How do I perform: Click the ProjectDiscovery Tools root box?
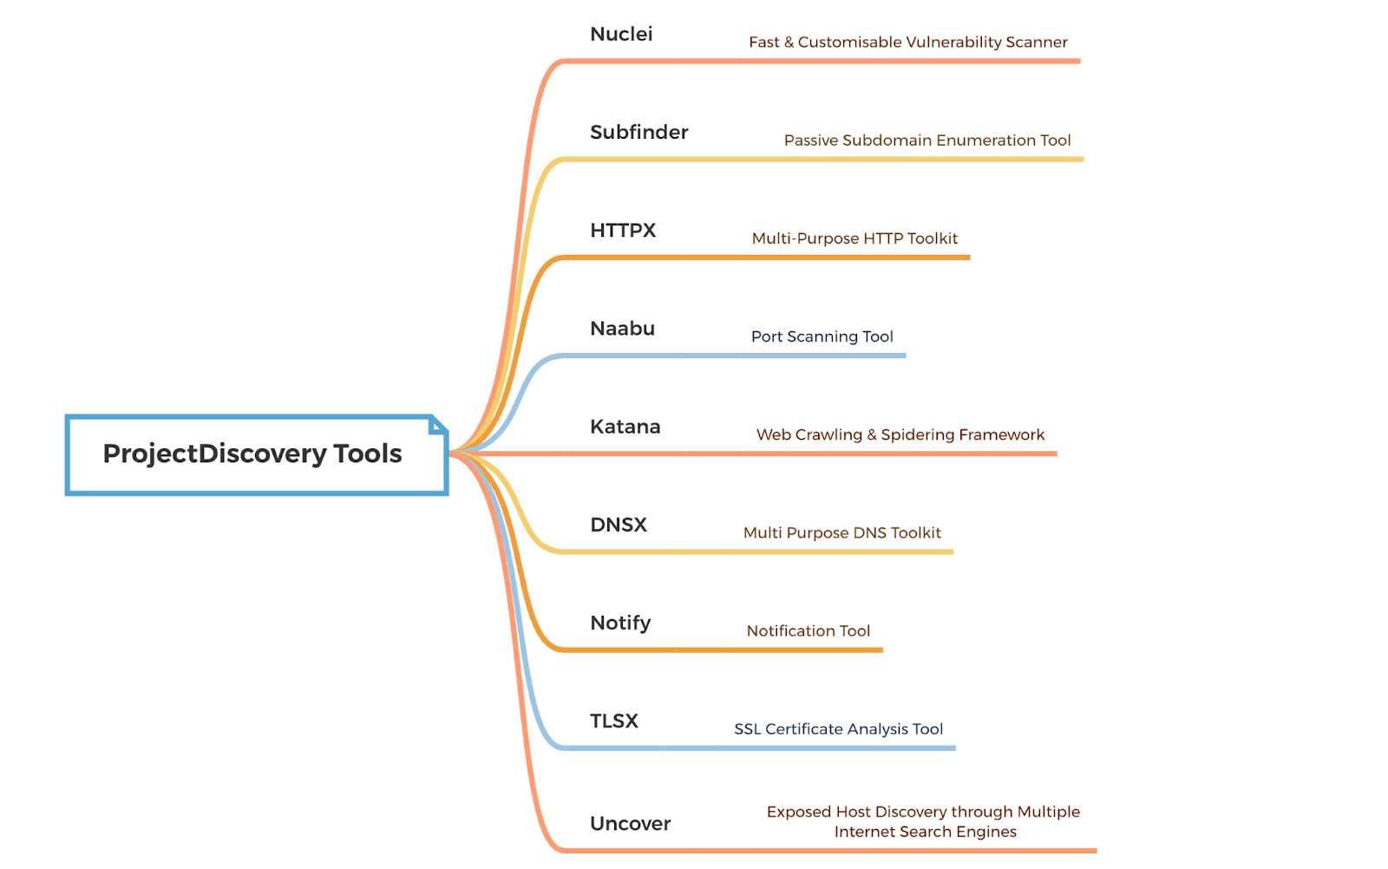tap(252, 454)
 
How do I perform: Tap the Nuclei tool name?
tap(621, 35)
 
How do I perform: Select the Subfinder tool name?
tap(638, 133)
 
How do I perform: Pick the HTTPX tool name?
tap(623, 231)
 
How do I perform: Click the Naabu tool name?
tap(622, 329)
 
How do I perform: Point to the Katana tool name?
tap(625, 427)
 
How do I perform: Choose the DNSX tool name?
tap(619, 525)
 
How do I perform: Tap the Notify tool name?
tap(620, 624)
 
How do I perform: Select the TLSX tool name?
tap(614, 722)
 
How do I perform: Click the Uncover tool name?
tap(630, 824)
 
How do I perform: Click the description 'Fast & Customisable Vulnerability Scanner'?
tap(907, 42)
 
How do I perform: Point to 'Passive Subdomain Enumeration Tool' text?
tap(927, 140)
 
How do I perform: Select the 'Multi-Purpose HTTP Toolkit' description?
tap(854, 238)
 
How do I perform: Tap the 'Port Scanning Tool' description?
tap(822, 336)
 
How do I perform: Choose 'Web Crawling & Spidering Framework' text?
tap(900, 434)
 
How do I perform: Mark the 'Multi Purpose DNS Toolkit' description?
tap(841, 533)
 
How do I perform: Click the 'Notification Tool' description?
tap(808, 631)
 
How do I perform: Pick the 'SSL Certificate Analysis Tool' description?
tap(838, 729)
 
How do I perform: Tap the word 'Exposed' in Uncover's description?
tap(798, 812)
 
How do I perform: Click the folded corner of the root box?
tap(438, 424)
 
